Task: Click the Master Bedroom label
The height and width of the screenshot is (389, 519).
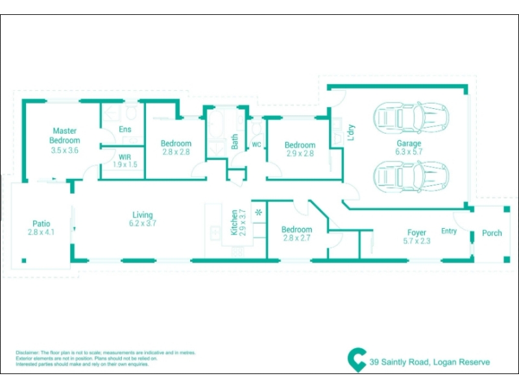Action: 64,136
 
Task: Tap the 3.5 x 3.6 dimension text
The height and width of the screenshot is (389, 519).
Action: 64,150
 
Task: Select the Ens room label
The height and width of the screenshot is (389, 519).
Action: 125,129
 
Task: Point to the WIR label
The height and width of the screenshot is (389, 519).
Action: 125,157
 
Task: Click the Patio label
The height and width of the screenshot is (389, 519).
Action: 42,224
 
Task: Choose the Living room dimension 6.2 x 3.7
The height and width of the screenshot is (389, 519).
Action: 143,223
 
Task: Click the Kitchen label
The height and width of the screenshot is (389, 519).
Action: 234,222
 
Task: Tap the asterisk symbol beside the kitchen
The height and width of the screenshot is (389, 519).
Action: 258,213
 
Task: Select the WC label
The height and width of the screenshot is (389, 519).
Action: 256,145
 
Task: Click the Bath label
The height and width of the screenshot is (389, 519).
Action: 234,141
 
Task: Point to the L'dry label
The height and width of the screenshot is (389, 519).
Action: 351,132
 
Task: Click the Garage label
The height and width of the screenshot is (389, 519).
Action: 409,143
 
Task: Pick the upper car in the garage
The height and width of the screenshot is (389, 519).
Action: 411,118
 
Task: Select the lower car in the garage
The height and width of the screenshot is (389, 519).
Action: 411,176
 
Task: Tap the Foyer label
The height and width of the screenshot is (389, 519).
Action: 416,233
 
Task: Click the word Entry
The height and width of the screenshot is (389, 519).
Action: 449,231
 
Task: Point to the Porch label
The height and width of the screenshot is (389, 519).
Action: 492,233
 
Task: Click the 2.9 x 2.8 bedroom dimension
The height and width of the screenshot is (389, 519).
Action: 300,154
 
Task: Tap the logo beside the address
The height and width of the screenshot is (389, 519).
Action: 357,360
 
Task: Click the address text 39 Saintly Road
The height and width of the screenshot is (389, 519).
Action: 399,362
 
